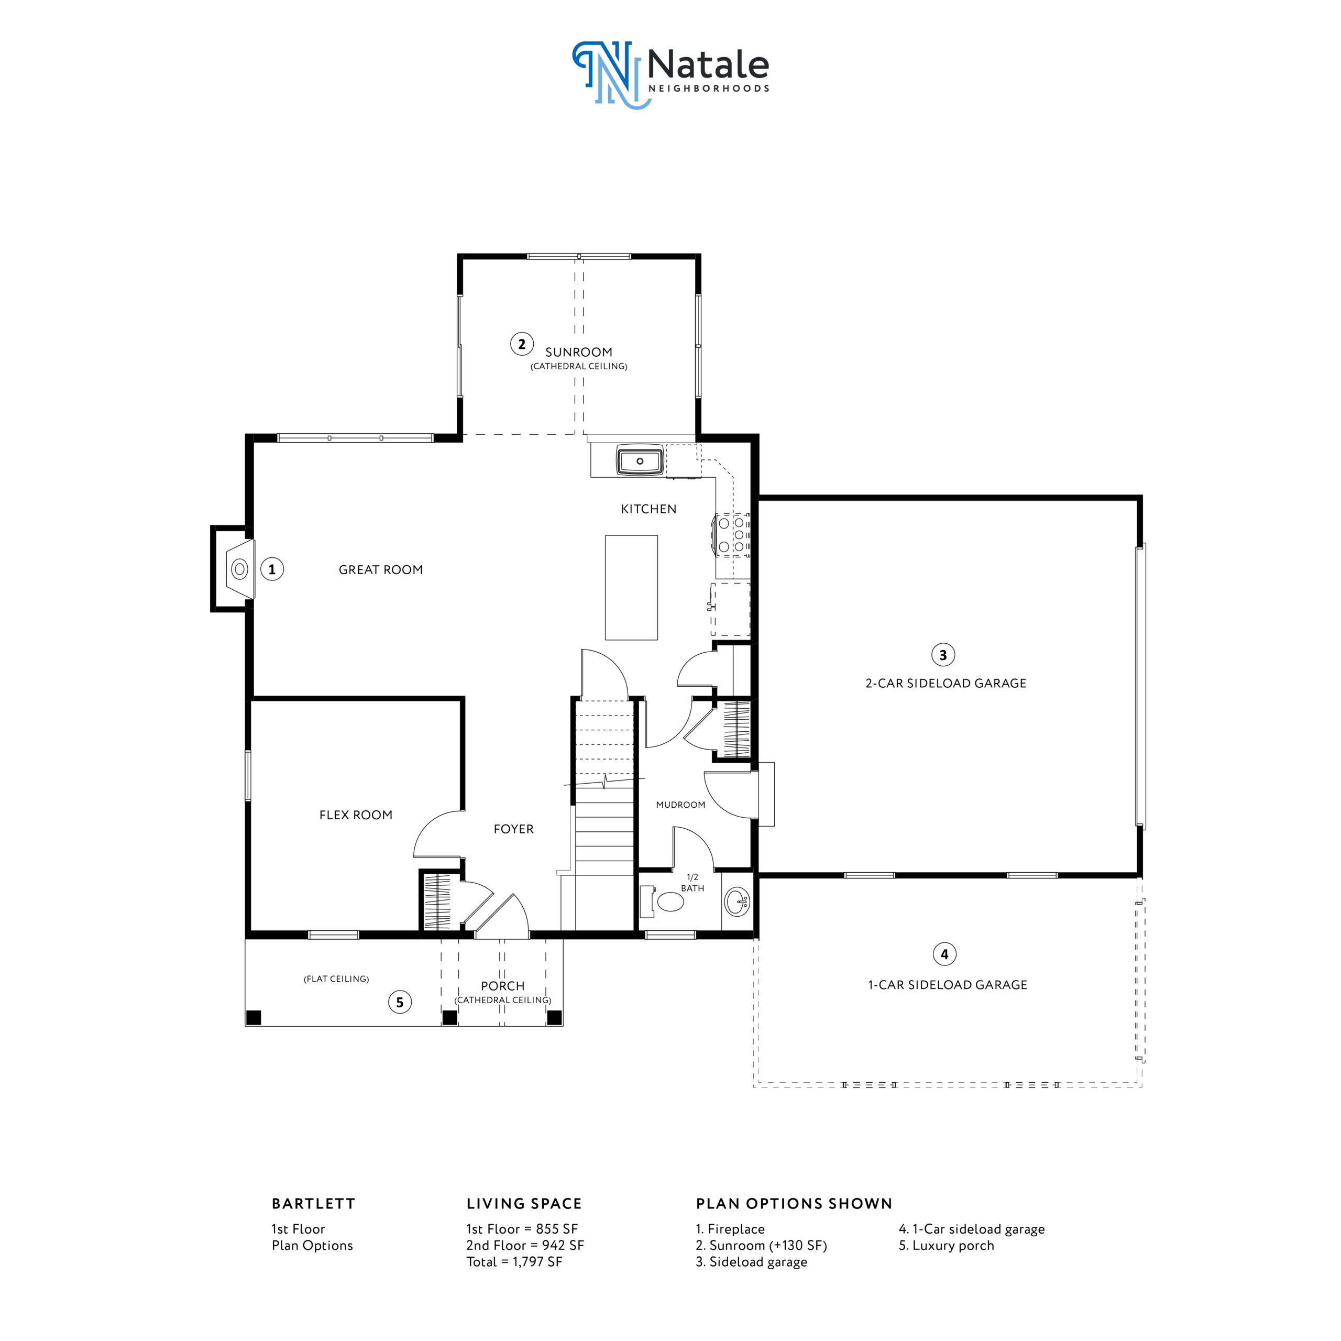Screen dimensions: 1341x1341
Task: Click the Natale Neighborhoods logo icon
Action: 611,74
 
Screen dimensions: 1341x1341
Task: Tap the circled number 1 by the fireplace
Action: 272,569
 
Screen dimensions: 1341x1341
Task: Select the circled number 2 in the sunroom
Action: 522,344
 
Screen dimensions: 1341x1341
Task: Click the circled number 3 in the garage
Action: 942,655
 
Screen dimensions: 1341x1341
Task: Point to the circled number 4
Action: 944,954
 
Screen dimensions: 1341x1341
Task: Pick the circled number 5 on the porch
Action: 400,1002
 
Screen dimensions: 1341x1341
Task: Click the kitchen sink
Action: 640,461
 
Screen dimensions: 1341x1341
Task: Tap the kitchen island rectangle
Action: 631,587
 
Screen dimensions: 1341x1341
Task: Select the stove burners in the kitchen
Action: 733,534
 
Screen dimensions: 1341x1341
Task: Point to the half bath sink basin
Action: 737,902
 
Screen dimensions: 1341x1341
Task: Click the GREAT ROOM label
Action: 380,570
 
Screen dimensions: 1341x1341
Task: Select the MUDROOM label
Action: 680,805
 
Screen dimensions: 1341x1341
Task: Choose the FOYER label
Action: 514,829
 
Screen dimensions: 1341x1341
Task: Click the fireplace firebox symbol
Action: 239,569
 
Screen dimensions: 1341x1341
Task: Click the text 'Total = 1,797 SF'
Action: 514,1262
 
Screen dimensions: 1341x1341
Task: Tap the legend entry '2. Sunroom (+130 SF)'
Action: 762,1245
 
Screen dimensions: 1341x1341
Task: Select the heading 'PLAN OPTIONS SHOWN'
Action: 794,1204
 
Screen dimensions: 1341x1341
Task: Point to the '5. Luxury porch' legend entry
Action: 946,1245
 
